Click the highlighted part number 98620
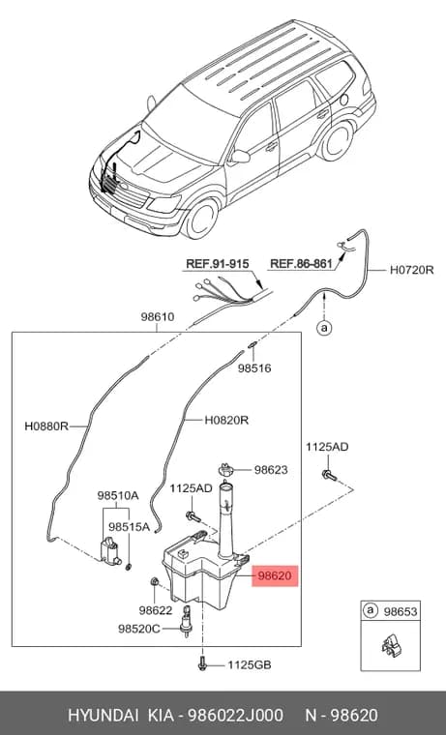click(x=275, y=575)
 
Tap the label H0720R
click(x=412, y=270)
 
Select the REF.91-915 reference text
click(x=217, y=263)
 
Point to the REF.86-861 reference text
click(x=301, y=264)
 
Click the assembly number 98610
click(x=158, y=317)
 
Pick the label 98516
click(x=254, y=368)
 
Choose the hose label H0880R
click(x=46, y=426)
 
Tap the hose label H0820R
click(x=226, y=420)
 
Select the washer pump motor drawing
click(x=110, y=550)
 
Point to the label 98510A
click(x=118, y=495)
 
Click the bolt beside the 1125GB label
click(x=202, y=662)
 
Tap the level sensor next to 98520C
click(x=186, y=622)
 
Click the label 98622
click(x=156, y=610)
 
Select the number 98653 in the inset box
click(x=401, y=611)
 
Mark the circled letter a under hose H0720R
click(x=323, y=328)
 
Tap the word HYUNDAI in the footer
click(x=104, y=716)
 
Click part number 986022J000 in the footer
click(x=235, y=716)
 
